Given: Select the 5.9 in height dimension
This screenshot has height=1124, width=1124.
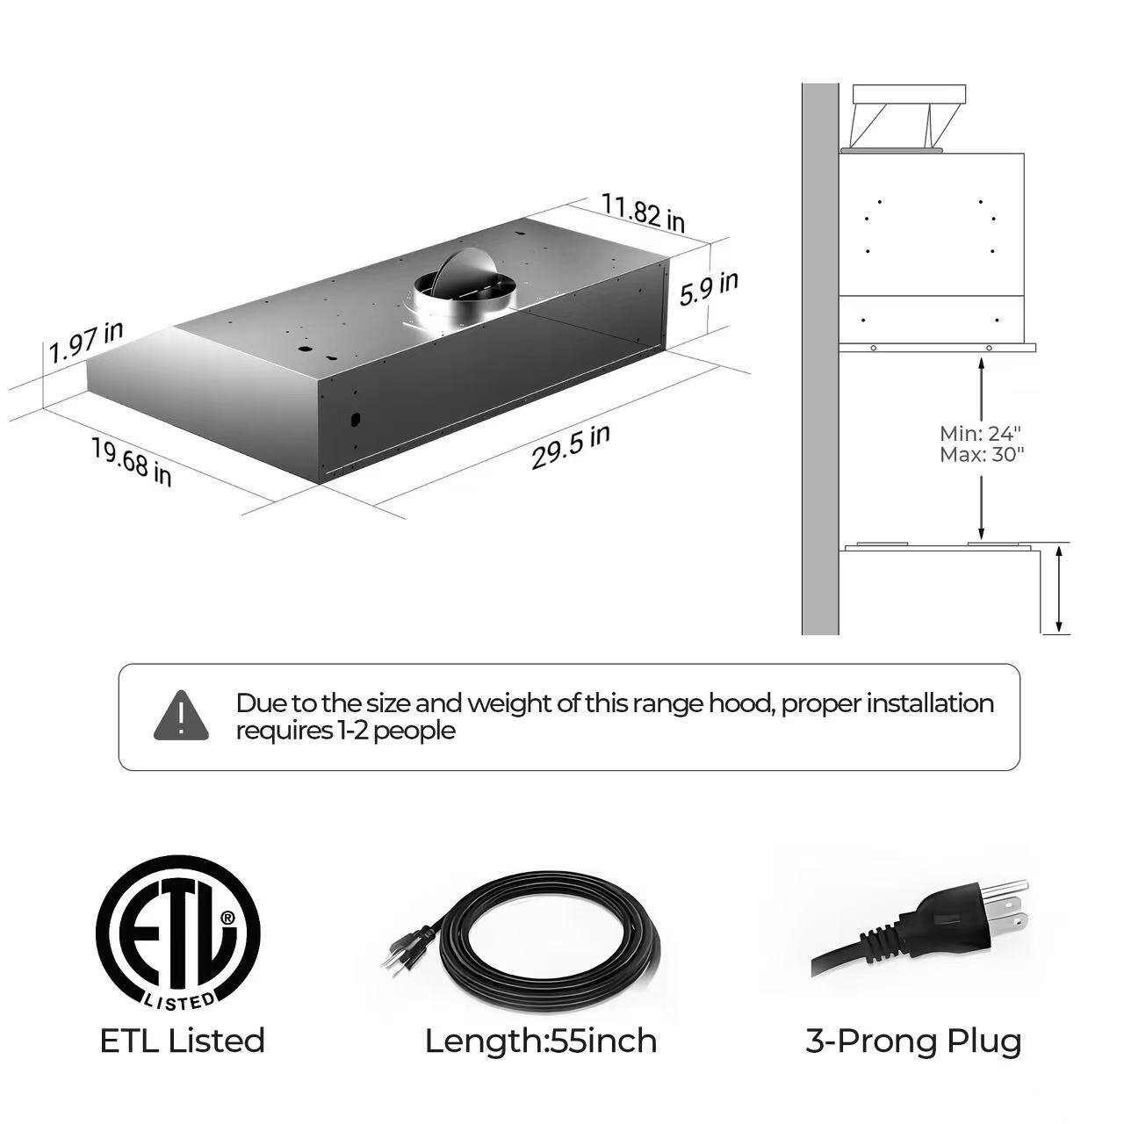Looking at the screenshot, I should tap(709, 288).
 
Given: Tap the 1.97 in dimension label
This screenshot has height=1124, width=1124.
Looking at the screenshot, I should tap(86, 342).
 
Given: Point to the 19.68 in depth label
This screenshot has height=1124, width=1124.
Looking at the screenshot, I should tap(132, 461).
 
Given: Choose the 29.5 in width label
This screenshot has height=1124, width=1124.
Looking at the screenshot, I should tap(570, 447).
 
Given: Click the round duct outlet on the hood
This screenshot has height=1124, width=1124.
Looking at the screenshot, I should tap(464, 290).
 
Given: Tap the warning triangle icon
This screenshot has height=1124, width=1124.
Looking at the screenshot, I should tap(181, 716).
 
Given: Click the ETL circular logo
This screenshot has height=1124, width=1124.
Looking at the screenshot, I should tap(178, 931).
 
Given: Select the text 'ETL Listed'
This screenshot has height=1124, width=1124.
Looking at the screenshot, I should tap(182, 1041).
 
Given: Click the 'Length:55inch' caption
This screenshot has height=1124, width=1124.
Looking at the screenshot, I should tap(541, 1041).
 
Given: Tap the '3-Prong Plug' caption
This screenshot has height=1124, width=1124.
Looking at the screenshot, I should tap(913, 1041).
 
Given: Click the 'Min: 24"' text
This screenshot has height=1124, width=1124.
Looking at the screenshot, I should tap(980, 433).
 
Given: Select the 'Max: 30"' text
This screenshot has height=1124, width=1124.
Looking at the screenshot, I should tap(982, 455).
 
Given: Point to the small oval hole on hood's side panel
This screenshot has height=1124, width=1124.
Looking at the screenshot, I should tap(355, 419).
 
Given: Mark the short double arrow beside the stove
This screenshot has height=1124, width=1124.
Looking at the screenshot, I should tap(1060, 588).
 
